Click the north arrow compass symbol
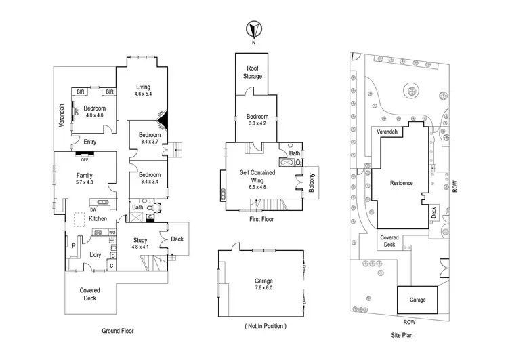tap(253, 31)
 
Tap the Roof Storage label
tap(253, 73)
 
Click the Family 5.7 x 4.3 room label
tap(85, 180)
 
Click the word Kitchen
tap(98, 218)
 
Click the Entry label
tap(89, 142)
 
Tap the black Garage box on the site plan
tap(417, 300)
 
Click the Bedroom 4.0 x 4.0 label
tap(94, 111)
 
